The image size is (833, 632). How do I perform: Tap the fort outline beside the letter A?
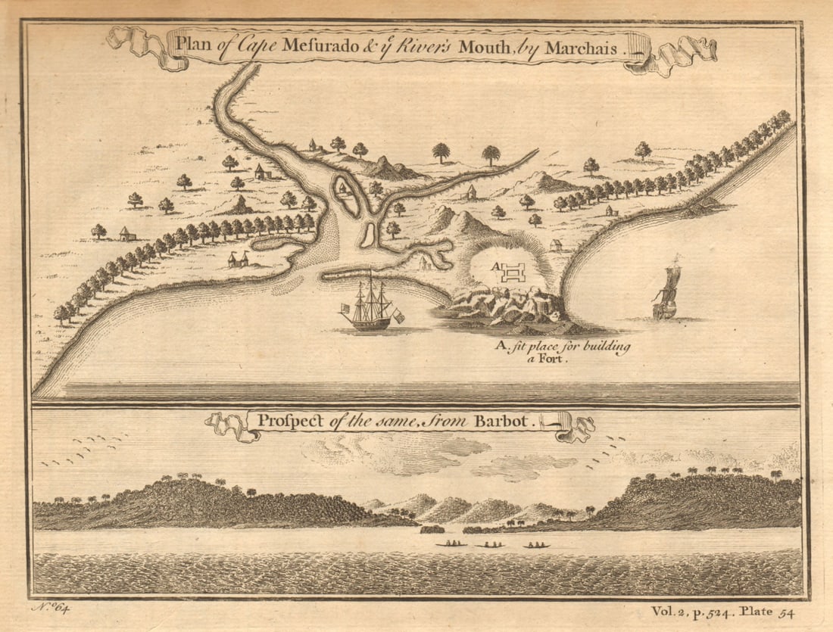click(x=514, y=271)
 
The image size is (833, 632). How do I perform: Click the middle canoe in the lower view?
click(x=490, y=544)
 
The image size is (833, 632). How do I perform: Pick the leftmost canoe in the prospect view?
click(x=451, y=543)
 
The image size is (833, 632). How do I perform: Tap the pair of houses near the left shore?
click(x=238, y=260)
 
